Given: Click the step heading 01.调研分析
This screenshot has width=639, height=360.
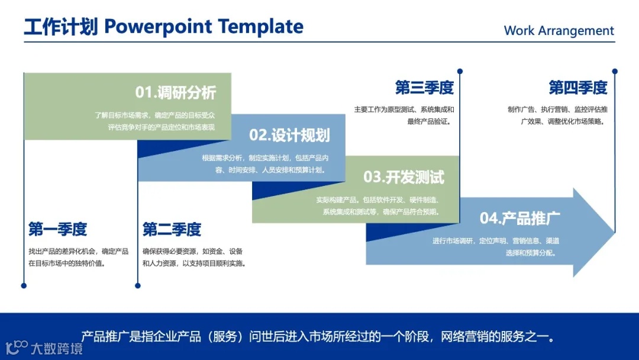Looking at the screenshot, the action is point(176,92).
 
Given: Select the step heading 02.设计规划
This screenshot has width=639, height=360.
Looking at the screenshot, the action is point(289,136).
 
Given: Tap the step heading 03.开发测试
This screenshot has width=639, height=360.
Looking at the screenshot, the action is point(404,178).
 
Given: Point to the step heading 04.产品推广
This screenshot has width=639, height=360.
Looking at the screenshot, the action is point(520,218).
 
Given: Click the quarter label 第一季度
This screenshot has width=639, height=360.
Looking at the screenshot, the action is point(57,229).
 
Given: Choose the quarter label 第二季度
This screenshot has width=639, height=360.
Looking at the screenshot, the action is point(172,229).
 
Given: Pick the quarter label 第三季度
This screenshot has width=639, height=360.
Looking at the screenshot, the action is point(424,88).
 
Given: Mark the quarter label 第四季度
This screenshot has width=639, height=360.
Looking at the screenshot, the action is point(578,88).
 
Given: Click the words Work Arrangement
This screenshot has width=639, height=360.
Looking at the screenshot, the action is point(559,31).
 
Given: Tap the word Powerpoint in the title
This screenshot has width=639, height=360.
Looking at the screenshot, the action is point(158,27).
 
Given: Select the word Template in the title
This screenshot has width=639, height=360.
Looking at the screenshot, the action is point(261,27).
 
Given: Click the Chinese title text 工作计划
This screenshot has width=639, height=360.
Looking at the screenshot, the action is point(61,27).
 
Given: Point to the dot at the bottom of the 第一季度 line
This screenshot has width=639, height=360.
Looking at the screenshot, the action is point(24,286).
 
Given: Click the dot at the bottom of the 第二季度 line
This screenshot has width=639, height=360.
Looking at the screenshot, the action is point(138,286).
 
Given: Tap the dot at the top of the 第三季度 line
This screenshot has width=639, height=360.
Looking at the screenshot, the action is point(460,71).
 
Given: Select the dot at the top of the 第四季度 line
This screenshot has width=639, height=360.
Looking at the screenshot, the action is point(615,71).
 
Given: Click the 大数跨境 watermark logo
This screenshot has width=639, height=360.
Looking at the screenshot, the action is point(44,348).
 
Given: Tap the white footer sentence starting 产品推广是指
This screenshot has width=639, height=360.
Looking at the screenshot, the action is point(318,337).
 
